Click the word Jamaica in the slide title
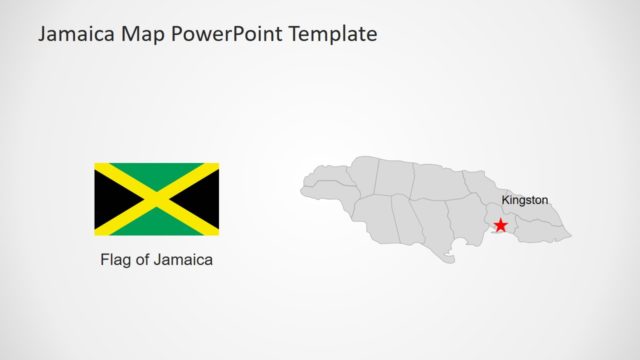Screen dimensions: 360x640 coord(76,34)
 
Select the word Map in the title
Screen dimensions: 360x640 coord(143,34)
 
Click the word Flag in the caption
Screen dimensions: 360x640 coord(117,260)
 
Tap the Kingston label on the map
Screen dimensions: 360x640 coord(524,200)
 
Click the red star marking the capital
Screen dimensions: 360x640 coord(501,226)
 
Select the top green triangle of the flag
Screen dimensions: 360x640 coord(157,174)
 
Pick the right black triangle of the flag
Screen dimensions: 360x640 coord(207,199)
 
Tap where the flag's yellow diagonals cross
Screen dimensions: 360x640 coord(157,199)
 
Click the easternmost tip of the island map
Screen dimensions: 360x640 coord(571,236)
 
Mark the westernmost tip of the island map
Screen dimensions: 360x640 coord(302,187)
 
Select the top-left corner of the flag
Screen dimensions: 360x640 coord(96,164)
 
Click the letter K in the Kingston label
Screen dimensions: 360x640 coord(505,200)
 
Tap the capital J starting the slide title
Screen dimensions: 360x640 coord(43,34)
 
